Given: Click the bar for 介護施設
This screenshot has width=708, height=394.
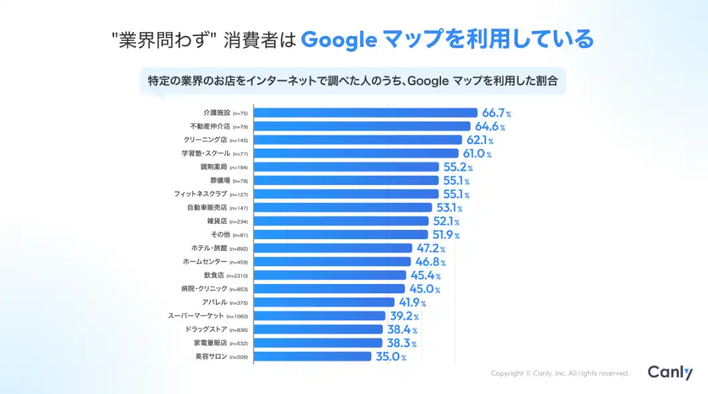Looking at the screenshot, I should coord(365,113).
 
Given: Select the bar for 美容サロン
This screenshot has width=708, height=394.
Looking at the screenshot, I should coord(313,356).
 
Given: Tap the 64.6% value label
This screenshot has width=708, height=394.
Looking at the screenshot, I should coord(490,126).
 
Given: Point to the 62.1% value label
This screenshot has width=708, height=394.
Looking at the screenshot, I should coord(480,140).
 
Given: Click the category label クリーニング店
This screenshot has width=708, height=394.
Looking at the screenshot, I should coord(205,140).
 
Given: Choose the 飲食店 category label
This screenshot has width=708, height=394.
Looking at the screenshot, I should coord(214,275).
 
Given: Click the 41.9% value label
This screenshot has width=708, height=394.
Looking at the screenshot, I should coord(413,302).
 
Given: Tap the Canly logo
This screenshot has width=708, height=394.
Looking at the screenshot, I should coord(670,373).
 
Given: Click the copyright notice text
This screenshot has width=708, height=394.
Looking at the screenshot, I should coord(560,373).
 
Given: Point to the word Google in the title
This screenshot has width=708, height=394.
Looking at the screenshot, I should coord(338,40).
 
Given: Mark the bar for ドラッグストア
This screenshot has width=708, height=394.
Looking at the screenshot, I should coord(319,330).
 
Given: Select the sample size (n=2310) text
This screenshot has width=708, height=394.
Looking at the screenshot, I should coord(237,276).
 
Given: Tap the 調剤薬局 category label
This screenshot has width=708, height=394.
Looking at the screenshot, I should coord(214,167).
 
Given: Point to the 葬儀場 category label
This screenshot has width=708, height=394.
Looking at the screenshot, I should coord(219,181).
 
